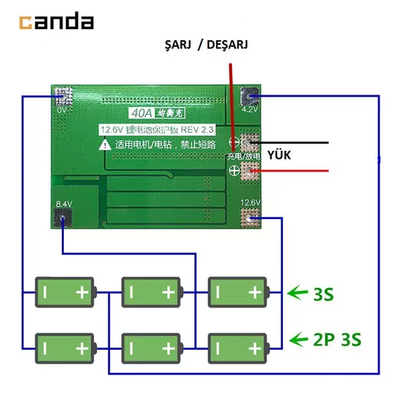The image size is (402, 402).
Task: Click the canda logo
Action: tap(57, 22)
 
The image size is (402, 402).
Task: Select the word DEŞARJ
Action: tap(225, 45)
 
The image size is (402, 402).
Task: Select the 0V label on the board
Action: tap(62, 109)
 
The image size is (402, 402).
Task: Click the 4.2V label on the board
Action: tap(250, 109)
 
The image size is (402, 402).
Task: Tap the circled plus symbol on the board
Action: tap(234, 171)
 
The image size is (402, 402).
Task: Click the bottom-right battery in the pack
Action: tap(237, 347)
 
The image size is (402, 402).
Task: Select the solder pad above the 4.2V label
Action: tap(250, 95)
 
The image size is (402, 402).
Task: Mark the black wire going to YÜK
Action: tap(298, 141)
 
